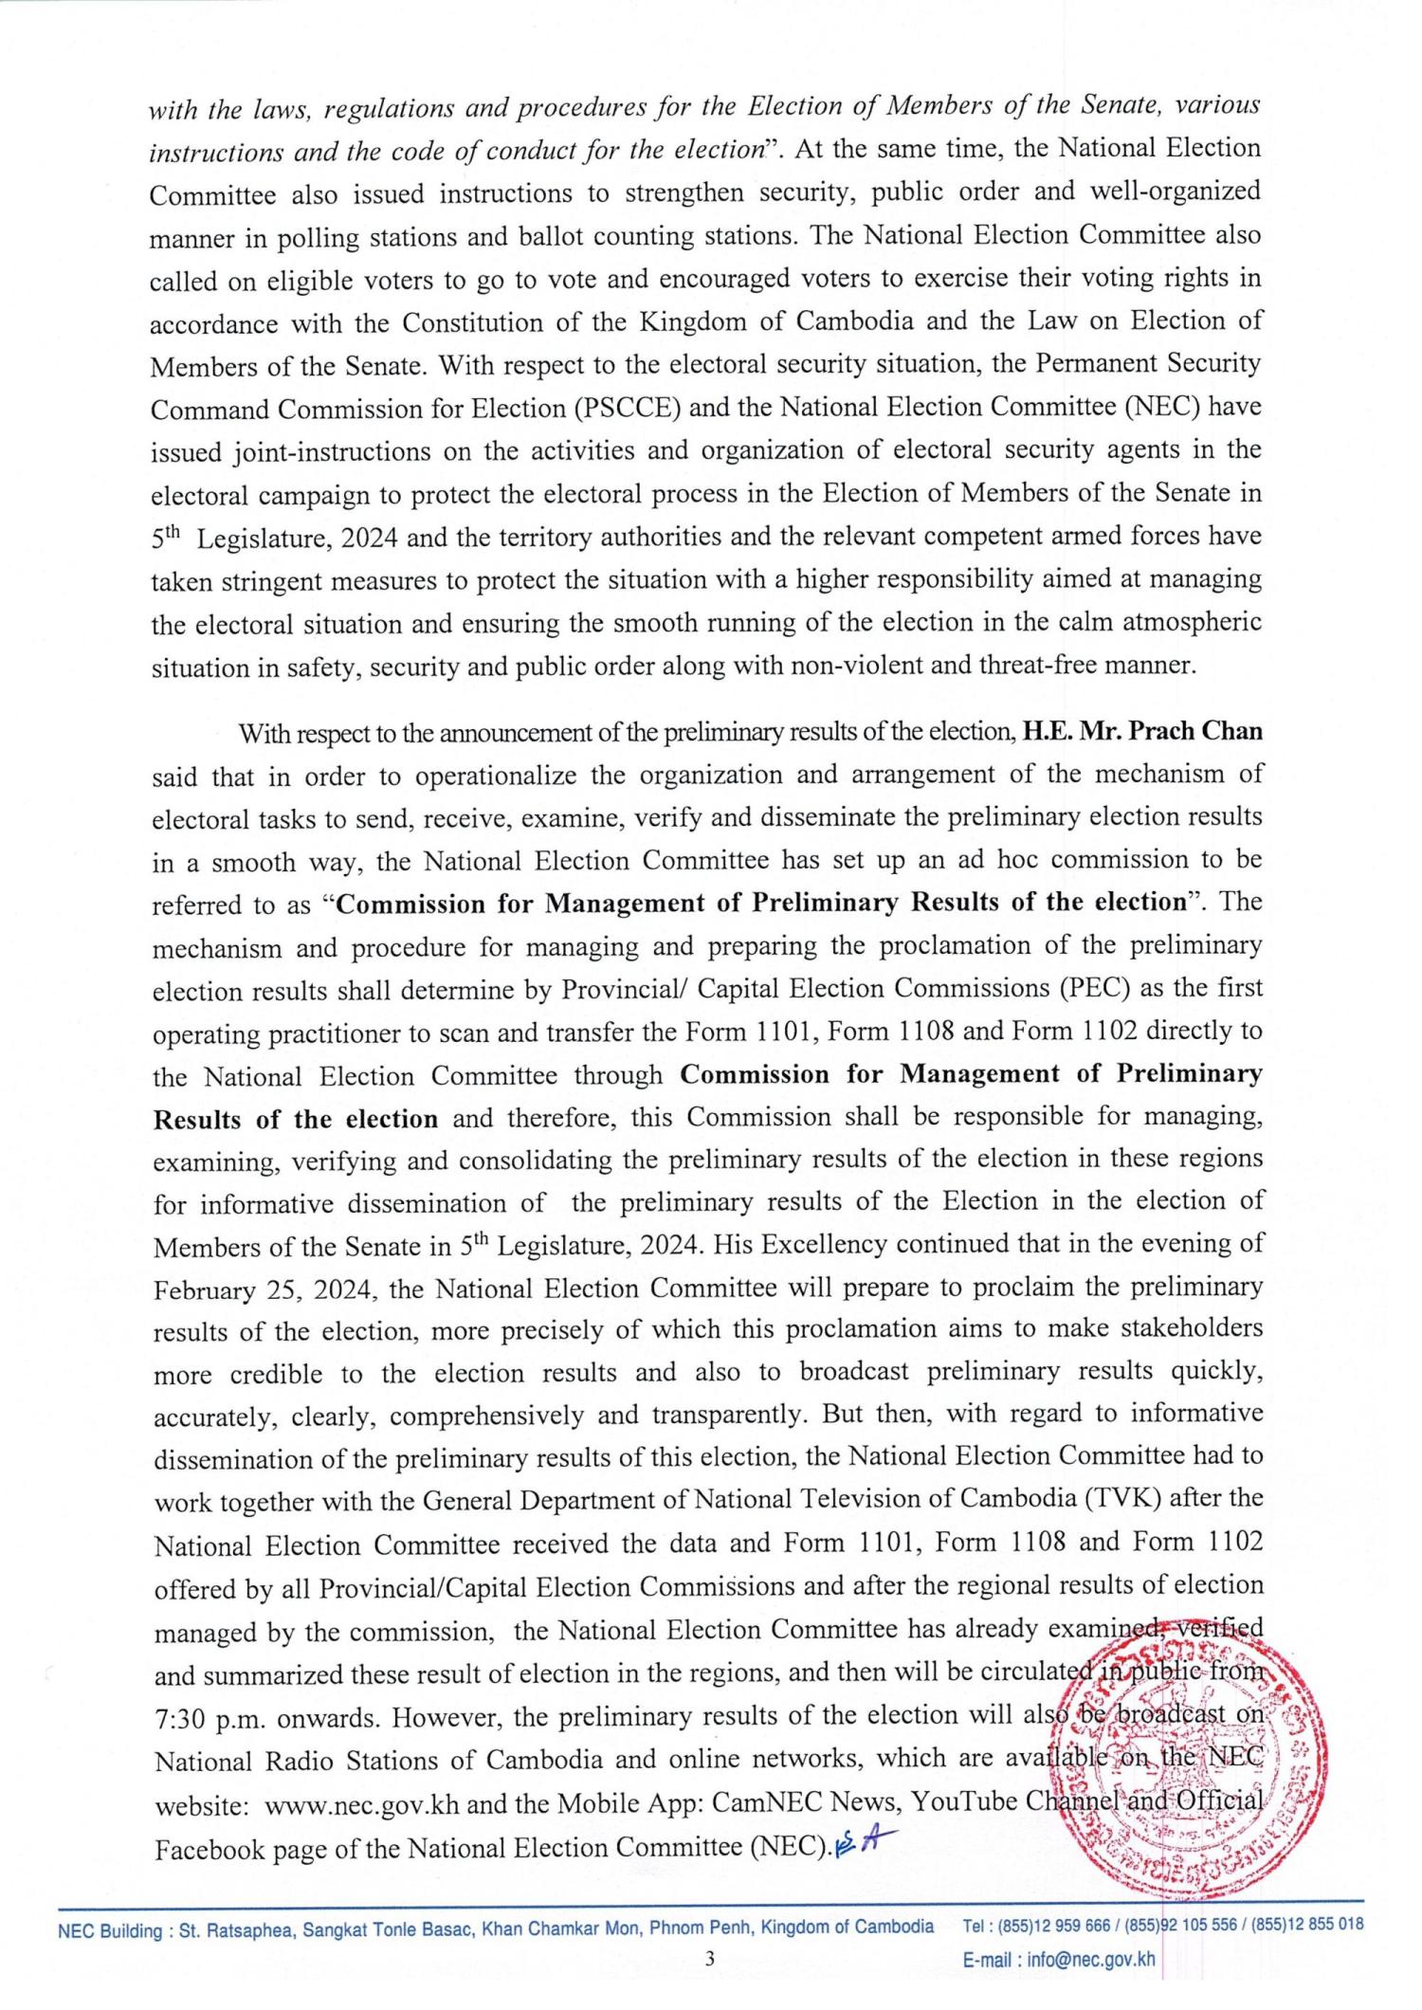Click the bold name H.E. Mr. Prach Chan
coord(1141,732)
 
